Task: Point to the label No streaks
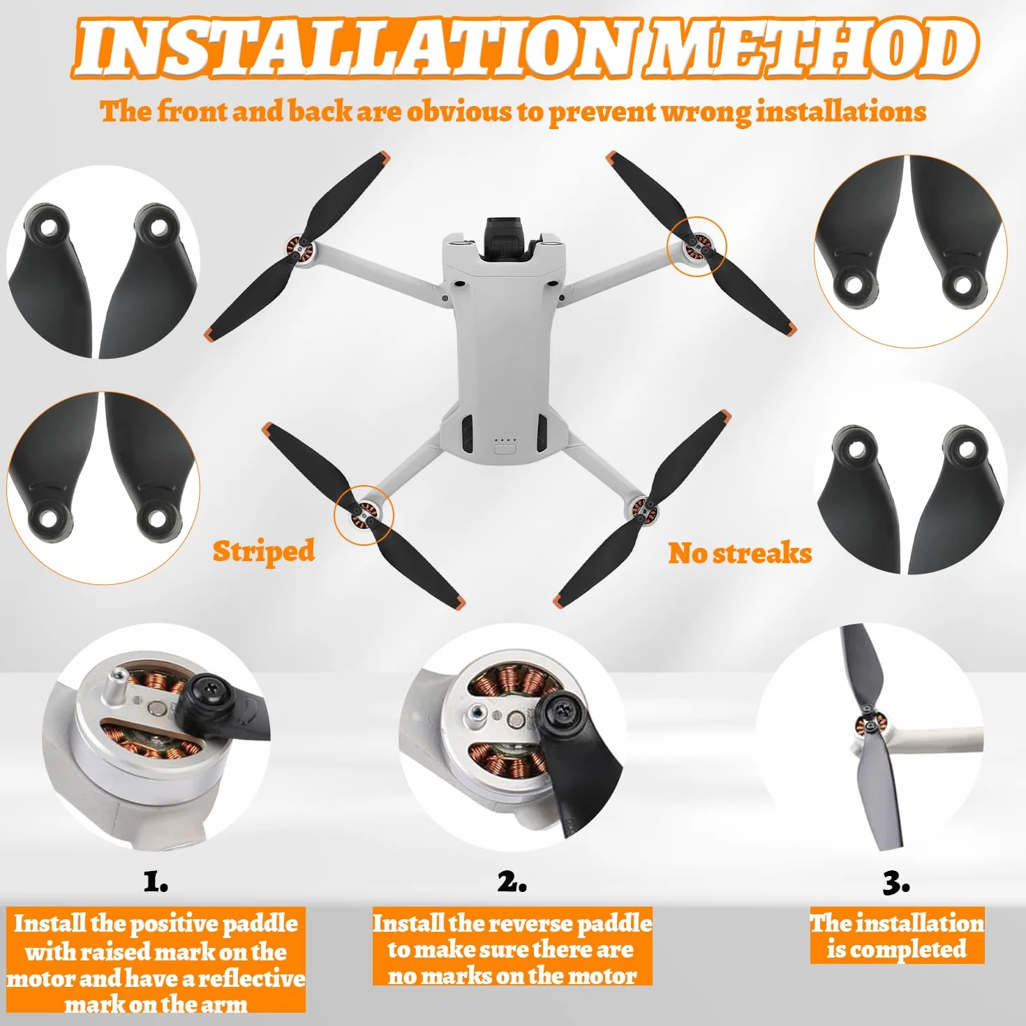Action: [x=740, y=553]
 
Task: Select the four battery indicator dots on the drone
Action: [x=504, y=440]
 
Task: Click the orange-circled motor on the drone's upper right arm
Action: [x=697, y=248]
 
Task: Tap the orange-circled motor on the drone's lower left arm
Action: [x=365, y=514]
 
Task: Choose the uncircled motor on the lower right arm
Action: [x=644, y=510]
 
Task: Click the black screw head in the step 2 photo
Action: [x=563, y=708]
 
